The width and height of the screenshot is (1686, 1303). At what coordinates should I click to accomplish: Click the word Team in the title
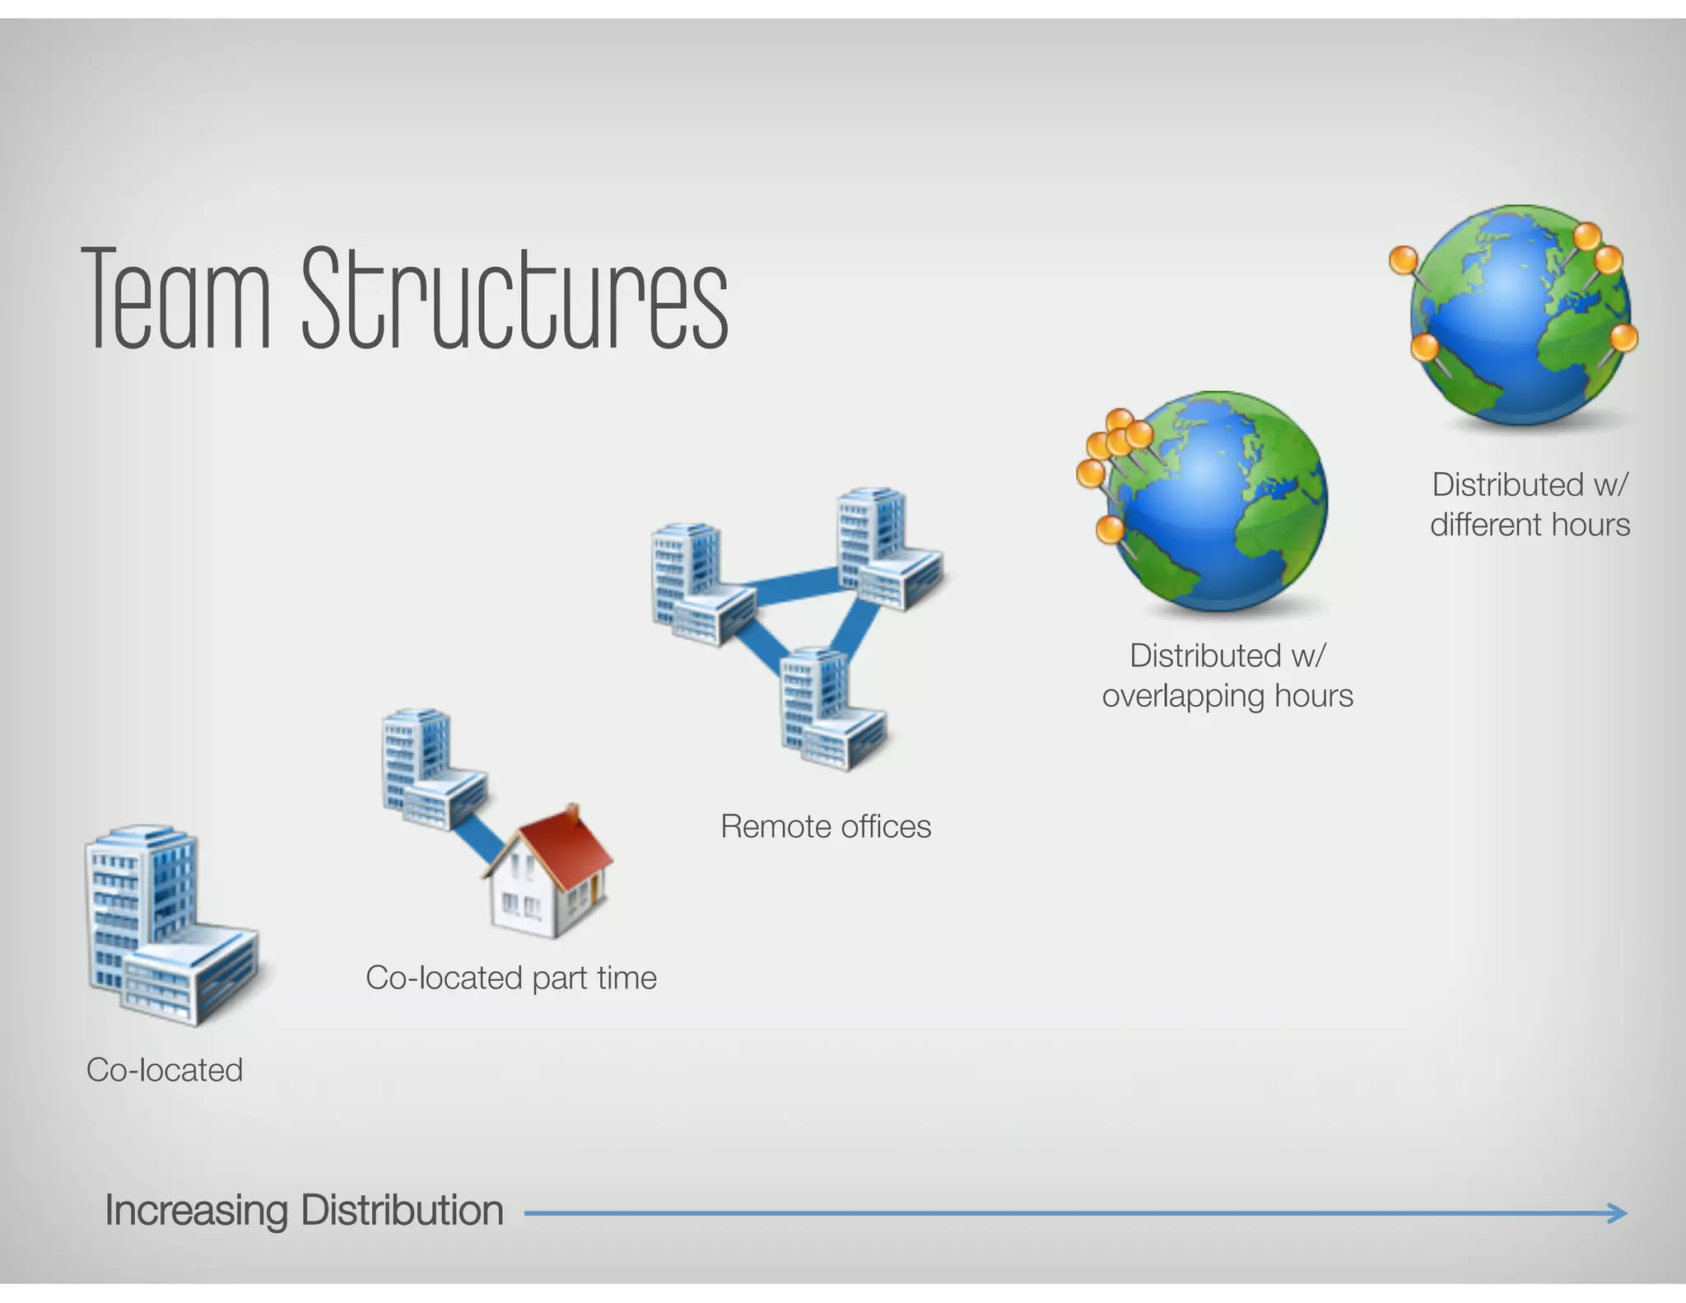pyautogui.click(x=176, y=298)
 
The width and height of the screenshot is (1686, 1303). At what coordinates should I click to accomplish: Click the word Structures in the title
pyautogui.click(x=515, y=298)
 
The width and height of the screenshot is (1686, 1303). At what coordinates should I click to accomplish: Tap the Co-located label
pyautogui.click(x=165, y=1070)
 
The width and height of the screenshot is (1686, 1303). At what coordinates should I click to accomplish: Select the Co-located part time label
pyautogui.click(x=511, y=978)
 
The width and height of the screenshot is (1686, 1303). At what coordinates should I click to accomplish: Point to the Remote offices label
pyautogui.click(x=826, y=826)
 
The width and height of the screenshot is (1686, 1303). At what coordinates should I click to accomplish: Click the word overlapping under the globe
pyautogui.click(x=1182, y=697)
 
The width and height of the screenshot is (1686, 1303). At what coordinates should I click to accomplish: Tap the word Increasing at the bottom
pyautogui.click(x=196, y=1211)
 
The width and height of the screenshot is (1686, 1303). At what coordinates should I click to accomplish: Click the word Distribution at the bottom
pyautogui.click(x=402, y=1211)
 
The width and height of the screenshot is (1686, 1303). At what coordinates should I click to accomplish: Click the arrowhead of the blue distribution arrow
pyautogui.click(x=1618, y=1212)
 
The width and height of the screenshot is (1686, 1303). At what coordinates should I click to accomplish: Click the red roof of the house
pyautogui.click(x=560, y=844)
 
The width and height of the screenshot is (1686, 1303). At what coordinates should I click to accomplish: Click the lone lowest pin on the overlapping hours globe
pyautogui.click(x=1111, y=529)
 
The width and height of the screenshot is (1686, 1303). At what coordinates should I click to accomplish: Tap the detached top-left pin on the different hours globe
pyautogui.click(x=1404, y=260)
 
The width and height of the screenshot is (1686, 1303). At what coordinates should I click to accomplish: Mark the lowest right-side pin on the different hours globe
pyautogui.click(x=1623, y=339)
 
